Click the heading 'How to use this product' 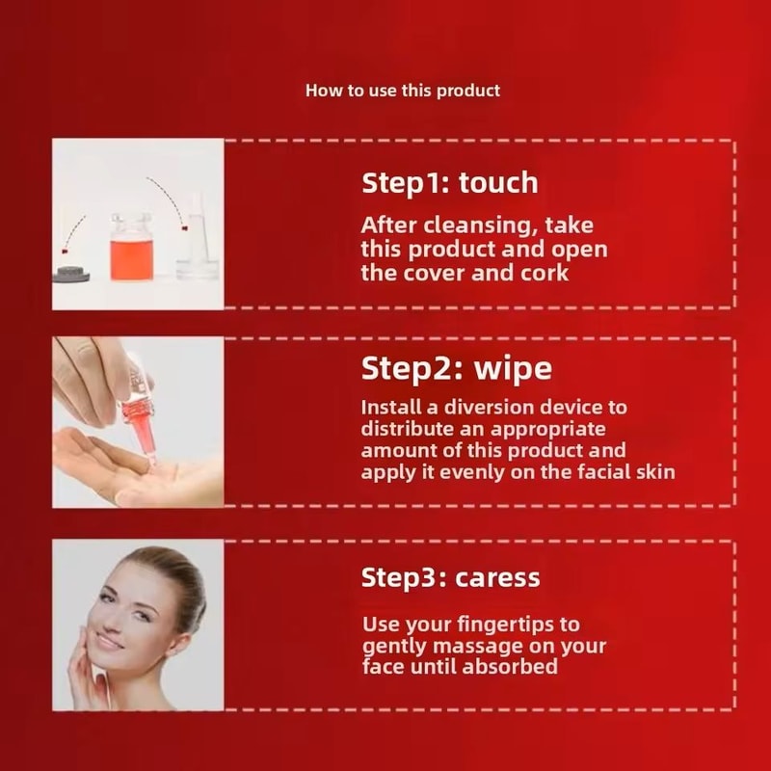(403, 91)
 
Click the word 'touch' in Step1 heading (498, 182)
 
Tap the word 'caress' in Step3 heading (498, 577)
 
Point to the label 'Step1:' (405, 182)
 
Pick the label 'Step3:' (405, 577)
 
